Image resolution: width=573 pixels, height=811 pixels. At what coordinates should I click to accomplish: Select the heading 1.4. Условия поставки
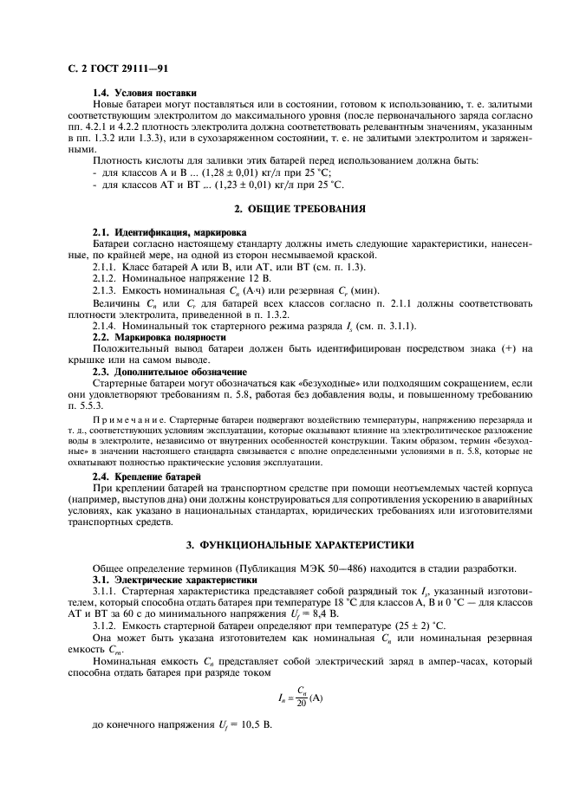(145, 93)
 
